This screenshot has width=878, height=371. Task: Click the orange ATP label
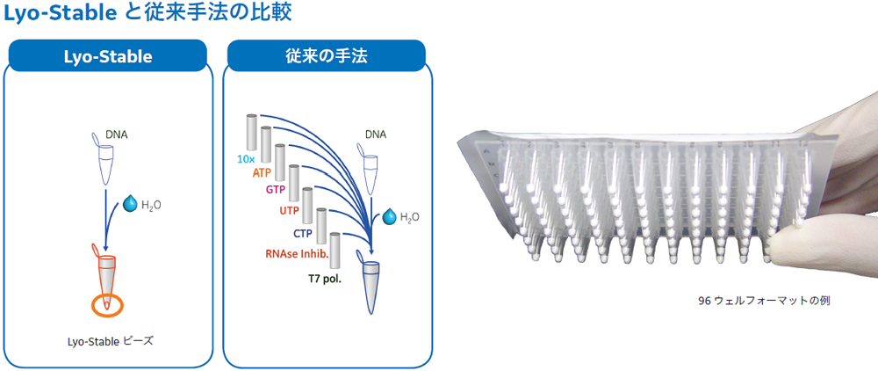(262, 173)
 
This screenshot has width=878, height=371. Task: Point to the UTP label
(289, 211)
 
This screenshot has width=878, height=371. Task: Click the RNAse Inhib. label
(296, 252)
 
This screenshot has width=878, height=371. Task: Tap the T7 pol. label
(326, 277)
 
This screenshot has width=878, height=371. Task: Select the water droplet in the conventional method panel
(389, 216)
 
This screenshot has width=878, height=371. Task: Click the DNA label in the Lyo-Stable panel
(117, 135)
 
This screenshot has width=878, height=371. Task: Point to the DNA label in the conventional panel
(375, 135)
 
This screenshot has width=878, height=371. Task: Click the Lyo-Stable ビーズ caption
(109, 340)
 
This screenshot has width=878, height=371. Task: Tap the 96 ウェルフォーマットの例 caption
(764, 301)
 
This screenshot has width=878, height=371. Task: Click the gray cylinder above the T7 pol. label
(335, 251)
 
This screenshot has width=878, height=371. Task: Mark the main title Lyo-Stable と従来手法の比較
(148, 13)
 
